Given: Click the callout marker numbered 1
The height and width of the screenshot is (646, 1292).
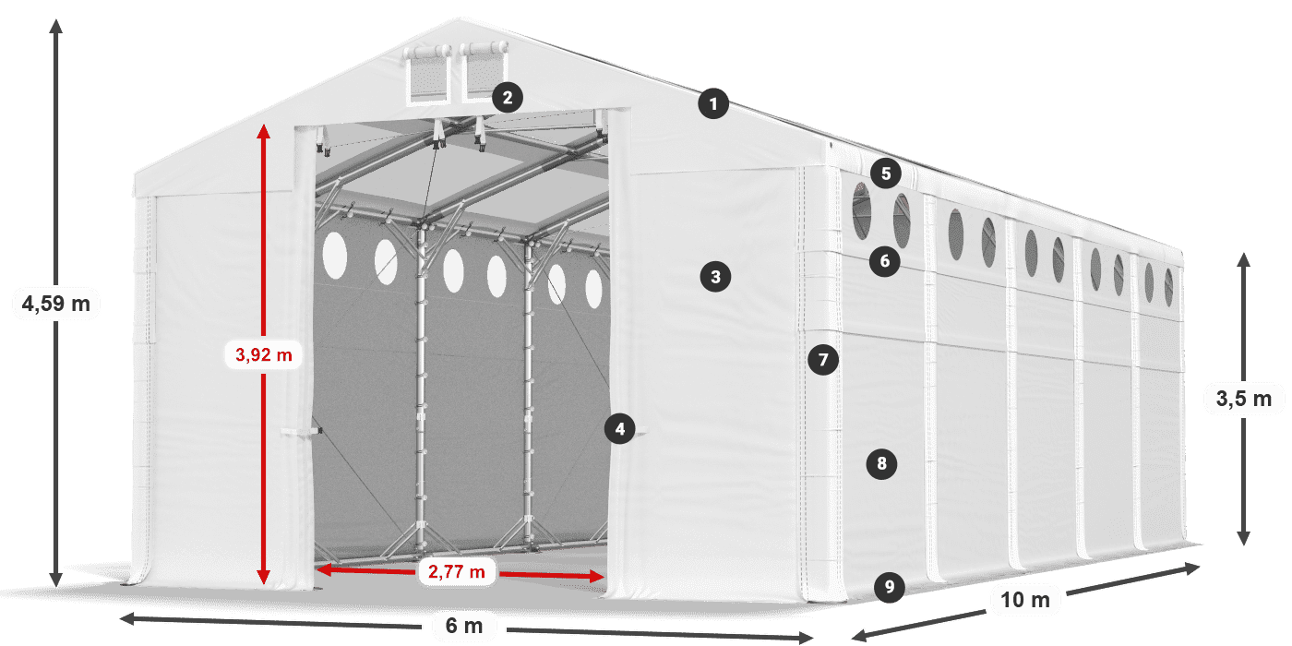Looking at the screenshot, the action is [x=713, y=103].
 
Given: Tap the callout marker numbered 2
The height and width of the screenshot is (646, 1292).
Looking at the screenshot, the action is [x=508, y=98].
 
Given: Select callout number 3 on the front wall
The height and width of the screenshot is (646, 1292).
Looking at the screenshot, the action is [x=715, y=277].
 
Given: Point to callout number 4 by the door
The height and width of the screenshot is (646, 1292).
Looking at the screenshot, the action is [x=619, y=428].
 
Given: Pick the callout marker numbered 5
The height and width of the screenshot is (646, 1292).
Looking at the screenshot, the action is [x=886, y=173].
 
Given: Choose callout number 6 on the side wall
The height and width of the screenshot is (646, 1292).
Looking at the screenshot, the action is [x=885, y=261].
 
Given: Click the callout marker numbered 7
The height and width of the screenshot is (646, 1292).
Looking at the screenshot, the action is [x=823, y=360].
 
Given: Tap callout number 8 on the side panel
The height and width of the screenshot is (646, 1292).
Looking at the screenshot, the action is [x=881, y=463].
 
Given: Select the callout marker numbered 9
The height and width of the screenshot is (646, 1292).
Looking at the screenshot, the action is [x=890, y=587].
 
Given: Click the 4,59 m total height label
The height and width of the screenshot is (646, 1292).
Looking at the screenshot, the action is [x=56, y=304].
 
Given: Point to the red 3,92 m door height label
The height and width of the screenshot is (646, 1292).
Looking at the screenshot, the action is [x=264, y=354].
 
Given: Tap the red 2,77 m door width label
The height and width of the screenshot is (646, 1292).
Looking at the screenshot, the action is [x=456, y=571].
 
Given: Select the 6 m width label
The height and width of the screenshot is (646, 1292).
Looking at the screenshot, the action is [x=463, y=626].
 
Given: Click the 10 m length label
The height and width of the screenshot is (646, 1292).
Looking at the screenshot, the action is [x=1025, y=600].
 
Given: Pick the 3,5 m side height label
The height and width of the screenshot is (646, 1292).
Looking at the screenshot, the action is [x=1244, y=399].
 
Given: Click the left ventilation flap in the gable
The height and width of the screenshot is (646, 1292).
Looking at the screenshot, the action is [x=428, y=75].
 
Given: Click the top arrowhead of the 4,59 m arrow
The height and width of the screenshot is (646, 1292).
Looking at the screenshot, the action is [x=56, y=26].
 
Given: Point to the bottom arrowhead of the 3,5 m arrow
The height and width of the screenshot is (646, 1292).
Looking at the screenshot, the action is [x=1244, y=537].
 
